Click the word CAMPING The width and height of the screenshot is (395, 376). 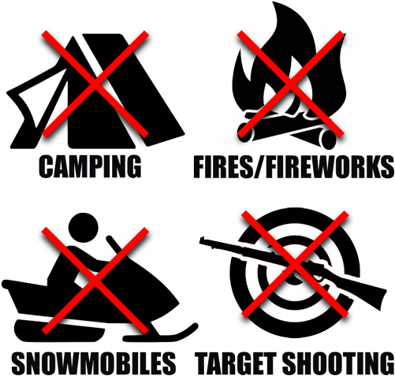(x=89, y=166)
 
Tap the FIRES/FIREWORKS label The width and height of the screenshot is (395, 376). (x=293, y=168)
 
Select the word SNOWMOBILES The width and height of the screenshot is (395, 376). (x=93, y=363)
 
